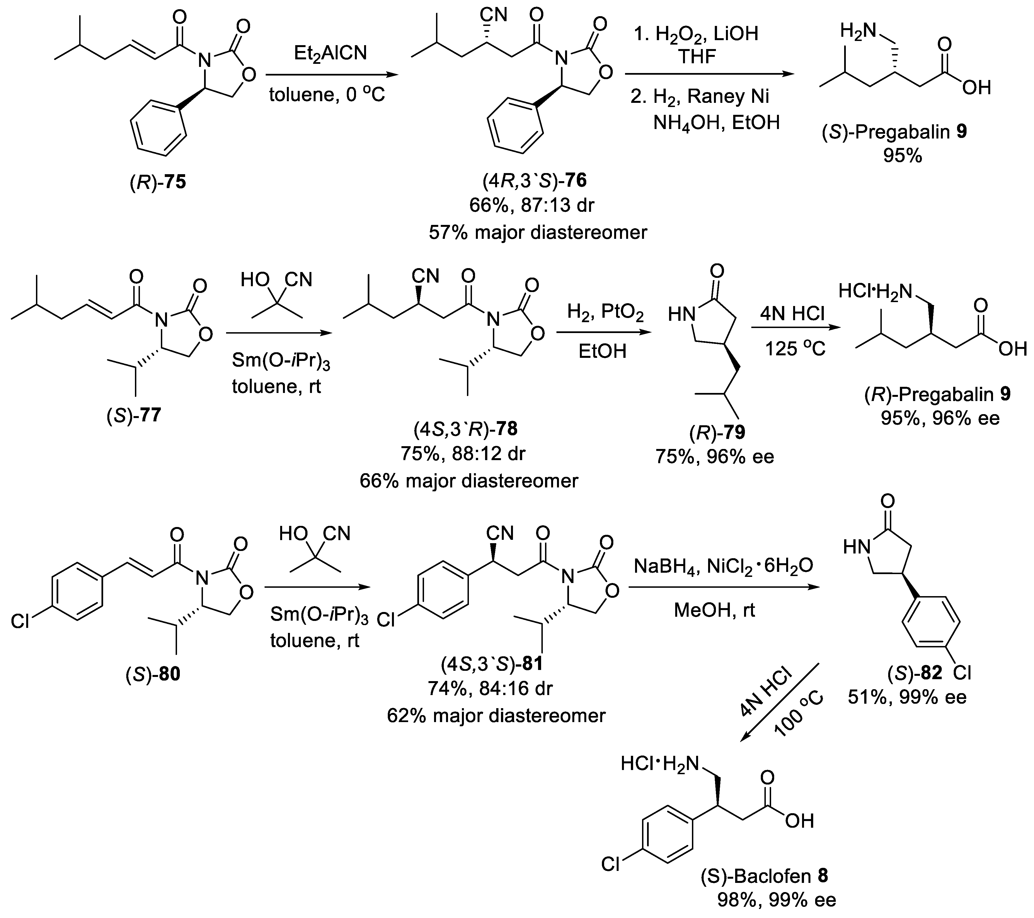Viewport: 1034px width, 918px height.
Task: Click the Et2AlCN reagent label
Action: coord(330,53)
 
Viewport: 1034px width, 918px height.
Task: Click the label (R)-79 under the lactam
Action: coord(716,433)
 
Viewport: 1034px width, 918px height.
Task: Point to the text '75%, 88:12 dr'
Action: coord(463,453)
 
